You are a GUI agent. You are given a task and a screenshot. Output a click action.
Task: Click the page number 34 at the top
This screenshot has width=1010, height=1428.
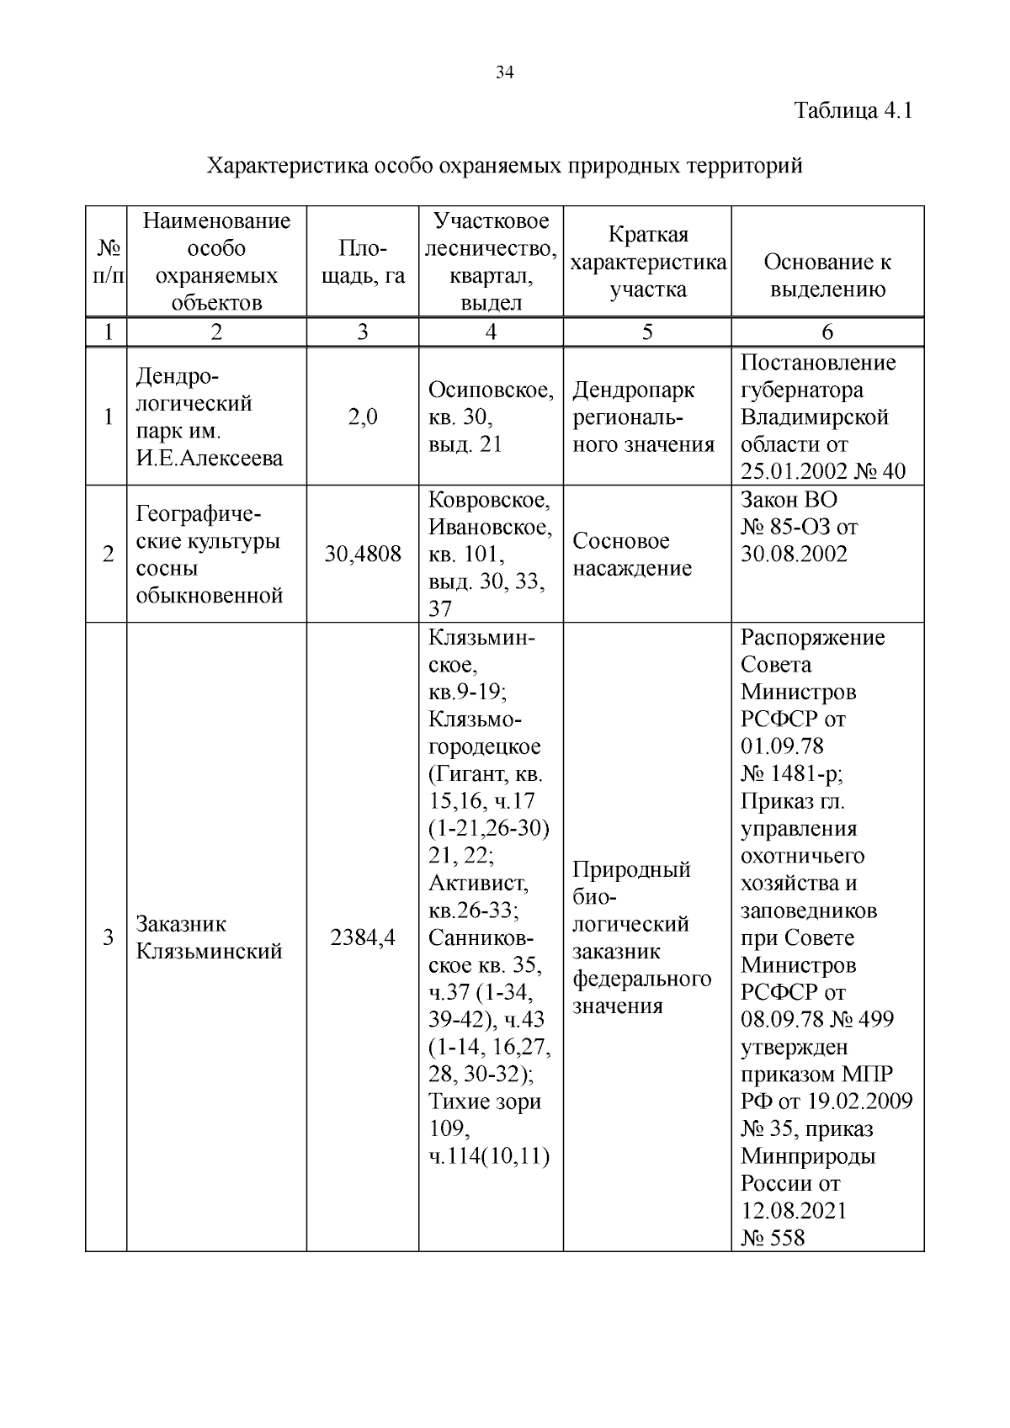click(505, 72)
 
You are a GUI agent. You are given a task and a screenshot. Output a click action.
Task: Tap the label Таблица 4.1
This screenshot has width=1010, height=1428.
click(853, 110)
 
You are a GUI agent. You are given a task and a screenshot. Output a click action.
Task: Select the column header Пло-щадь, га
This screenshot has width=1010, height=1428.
click(362, 262)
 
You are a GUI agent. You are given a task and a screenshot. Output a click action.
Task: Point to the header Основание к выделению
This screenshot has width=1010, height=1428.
click(827, 275)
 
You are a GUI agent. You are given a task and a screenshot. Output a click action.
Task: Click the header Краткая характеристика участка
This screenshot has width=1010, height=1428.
click(647, 262)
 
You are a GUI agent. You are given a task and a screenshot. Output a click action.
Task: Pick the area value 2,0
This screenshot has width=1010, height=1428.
click(362, 417)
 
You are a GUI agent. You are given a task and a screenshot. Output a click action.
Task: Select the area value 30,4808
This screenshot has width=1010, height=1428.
click(363, 555)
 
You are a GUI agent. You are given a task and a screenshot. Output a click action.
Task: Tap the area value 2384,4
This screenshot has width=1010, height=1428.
click(363, 937)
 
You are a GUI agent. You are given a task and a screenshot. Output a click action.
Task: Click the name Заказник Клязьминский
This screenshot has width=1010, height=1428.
click(209, 937)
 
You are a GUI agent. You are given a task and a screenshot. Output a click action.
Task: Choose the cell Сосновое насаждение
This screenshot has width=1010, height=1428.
click(632, 555)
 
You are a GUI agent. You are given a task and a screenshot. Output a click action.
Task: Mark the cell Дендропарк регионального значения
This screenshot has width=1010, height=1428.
click(644, 417)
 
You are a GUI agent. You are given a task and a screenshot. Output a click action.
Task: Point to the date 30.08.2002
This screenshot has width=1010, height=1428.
click(794, 555)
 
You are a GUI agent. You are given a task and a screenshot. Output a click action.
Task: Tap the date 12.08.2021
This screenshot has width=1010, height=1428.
click(794, 1211)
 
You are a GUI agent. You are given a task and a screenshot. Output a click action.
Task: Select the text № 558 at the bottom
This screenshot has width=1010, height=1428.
click(773, 1238)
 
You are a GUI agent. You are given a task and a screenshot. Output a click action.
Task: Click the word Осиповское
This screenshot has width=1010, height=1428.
click(491, 390)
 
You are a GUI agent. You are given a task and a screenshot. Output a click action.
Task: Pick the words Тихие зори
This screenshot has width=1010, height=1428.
click(484, 1102)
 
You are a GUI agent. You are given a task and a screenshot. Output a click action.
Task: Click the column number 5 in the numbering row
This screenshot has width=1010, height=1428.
click(646, 332)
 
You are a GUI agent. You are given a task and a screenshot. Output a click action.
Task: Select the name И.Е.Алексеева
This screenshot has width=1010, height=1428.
click(210, 458)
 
